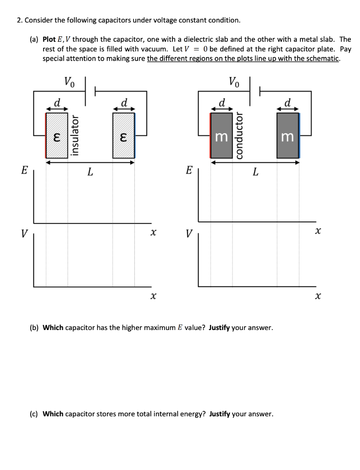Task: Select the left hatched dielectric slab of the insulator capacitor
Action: click(x=56, y=135)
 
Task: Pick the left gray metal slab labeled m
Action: click(x=222, y=135)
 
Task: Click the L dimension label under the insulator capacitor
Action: click(x=90, y=172)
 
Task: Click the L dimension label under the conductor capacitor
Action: click(x=255, y=172)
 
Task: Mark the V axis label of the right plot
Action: click(x=188, y=234)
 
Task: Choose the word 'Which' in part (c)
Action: click(x=53, y=414)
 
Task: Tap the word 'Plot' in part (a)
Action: click(x=50, y=39)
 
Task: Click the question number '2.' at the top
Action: click(x=19, y=20)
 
